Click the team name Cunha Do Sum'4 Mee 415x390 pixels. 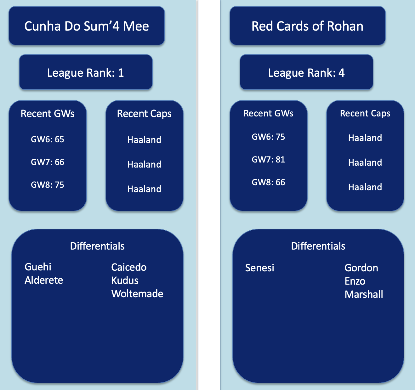click(87, 26)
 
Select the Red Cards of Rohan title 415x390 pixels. click(307, 26)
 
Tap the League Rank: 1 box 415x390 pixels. click(86, 73)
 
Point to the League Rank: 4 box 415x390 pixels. click(306, 73)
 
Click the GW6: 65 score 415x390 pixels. click(48, 139)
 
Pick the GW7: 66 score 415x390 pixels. click(48, 162)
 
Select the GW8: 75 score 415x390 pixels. click(48, 185)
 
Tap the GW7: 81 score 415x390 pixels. click(268, 159)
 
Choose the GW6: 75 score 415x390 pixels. click(268, 137)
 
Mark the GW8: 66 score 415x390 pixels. click(268, 182)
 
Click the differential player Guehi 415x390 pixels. click(38, 267)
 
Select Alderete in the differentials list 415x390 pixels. click(44, 280)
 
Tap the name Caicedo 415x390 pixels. click(129, 267)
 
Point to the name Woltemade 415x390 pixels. click(137, 294)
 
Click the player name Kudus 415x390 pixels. click(125, 281)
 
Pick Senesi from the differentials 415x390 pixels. click(259, 268)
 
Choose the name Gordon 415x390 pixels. click(361, 268)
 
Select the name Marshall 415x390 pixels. click(364, 294)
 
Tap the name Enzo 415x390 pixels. click(355, 281)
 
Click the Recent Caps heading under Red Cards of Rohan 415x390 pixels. click(365, 113)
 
